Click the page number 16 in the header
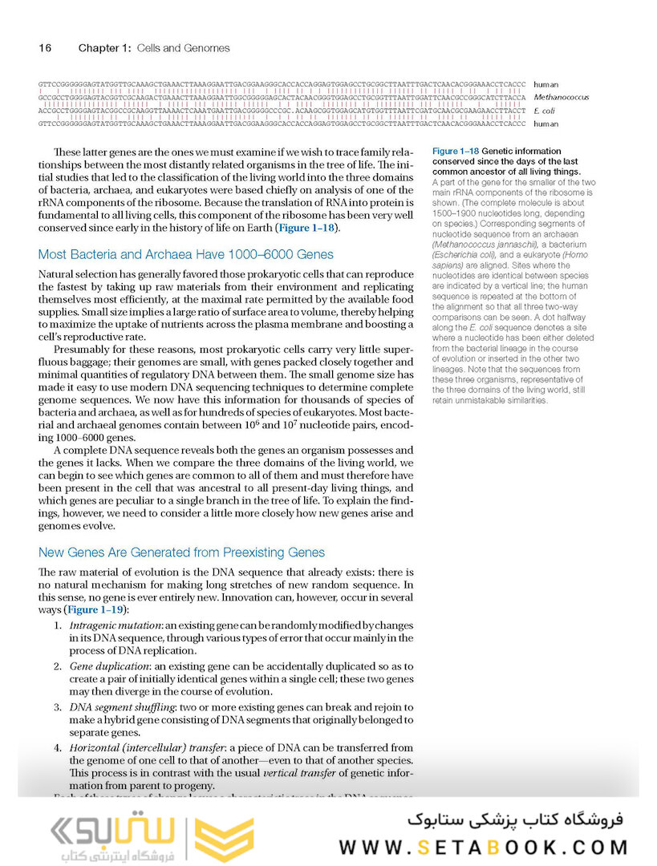point(45,48)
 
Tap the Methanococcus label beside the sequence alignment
point(561,97)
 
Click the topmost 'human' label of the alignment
point(546,83)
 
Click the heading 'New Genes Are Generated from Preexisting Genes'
point(181,552)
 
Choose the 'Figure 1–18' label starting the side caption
point(455,151)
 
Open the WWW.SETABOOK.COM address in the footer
point(483,848)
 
